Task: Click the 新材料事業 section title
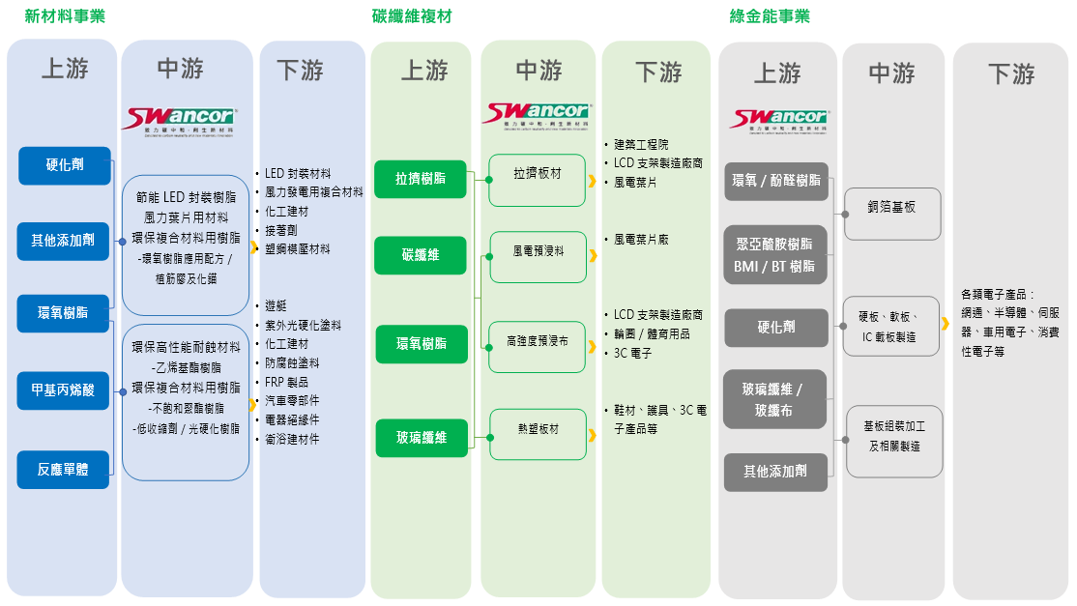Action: pyautogui.click(x=65, y=16)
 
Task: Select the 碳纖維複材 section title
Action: pyautogui.click(x=412, y=16)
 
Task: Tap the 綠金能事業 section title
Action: pyautogui.click(x=769, y=16)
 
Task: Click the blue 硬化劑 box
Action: pyautogui.click(x=65, y=165)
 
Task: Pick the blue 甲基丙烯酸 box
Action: pyautogui.click(x=65, y=390)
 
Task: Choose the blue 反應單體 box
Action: pyautogui.click(x=64, y=470)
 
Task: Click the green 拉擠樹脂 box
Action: pyautogui.click(x=421, y=179)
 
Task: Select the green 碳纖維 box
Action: pyautogui.click(x=421, y=255)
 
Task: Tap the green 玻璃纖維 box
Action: pyautogui.click(x=422, y=438)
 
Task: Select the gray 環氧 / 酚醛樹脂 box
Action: pyautogui.click(x=776, y=181)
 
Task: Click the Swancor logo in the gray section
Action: pyautogui.click(x=780, y=119)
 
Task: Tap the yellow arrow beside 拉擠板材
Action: pyautogui.click(x=592, y=180)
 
